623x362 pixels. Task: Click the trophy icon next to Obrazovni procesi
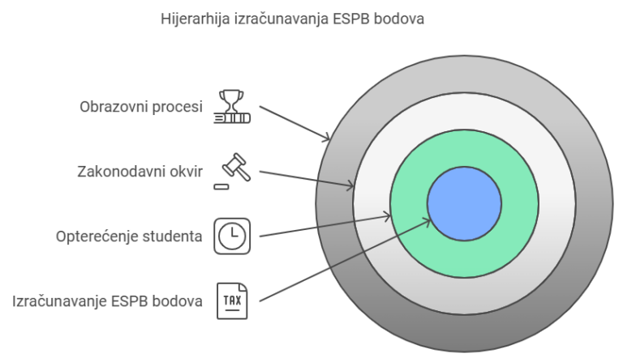click(x=232, y=106)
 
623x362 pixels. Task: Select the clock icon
click(x=232, y=236)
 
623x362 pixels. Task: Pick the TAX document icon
click(x=232, y=301)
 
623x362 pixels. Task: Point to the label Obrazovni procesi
click(x=141, y=107)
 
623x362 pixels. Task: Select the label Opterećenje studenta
click(x=130, y=237)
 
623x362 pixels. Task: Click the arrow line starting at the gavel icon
click(x=308, y=180)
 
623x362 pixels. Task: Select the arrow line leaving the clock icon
click(x=324, y=227)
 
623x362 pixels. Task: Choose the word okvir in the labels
click(x=186, y=172)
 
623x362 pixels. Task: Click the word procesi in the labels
click(x=178, y=107)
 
